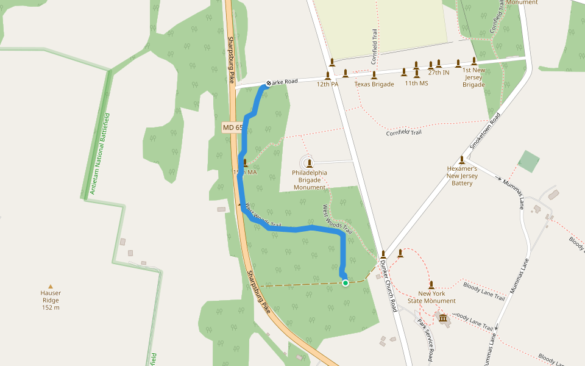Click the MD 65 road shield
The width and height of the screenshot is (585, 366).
click(233, 127)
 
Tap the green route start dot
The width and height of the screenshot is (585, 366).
click(346, 282)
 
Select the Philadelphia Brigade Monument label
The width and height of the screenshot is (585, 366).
click(310, 180)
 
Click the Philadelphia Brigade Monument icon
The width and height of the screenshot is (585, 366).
click(310, 163)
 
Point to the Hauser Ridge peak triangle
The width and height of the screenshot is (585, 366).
click(51, 286)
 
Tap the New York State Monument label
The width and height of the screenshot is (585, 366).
click(431, 297)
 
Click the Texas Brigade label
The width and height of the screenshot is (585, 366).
click(374, 84)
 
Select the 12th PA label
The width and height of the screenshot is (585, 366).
click(327, 84)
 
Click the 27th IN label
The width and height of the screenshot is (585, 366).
click(438, 73)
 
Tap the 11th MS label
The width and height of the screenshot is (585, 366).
click(416, 84)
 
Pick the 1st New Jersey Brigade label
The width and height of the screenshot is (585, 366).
click(473, 77)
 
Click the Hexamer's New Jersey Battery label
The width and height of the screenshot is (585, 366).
click(462, 176)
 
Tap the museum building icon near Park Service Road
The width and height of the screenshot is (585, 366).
click(443, 319)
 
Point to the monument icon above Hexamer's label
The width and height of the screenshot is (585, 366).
click(462, 160)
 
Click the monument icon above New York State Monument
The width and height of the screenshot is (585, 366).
click(431, 284)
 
